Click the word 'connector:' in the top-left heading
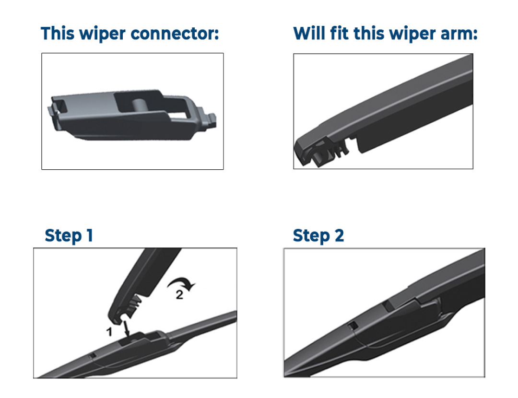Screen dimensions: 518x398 click(x=175, y=34)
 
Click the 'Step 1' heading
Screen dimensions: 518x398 click(x=69, y=235)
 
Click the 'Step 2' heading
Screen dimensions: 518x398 click(x=318, y=236)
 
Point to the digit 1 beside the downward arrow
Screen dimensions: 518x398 click(x=109, y=331)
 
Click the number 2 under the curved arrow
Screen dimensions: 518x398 click(x=179, y=294)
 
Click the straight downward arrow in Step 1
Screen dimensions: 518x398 click(x=126, y=328)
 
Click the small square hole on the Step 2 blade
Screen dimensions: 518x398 click(x=353, y=326)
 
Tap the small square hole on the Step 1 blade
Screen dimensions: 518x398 click(x=92, y=356)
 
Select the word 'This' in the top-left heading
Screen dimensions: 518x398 click(x=58, y=34)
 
